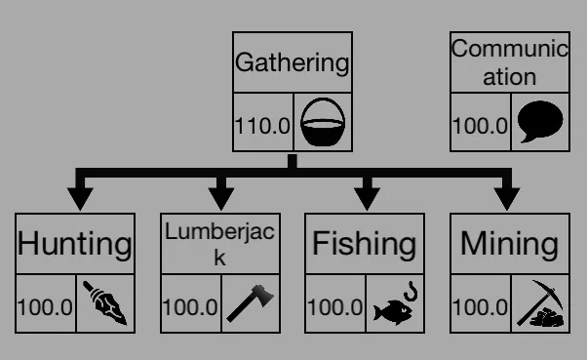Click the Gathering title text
[292, 63]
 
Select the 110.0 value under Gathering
[262, 126]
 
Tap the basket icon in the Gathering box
[323, 122]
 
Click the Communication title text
[510, 63]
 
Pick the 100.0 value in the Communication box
[480, 126]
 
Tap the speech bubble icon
[540, 121]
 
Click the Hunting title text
[75, 244]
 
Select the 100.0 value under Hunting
[45, 307]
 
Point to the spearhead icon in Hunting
[105, 303]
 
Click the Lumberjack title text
[220, 244]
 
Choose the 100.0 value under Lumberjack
[190, 307]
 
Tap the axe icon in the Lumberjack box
[250, 303]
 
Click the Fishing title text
[365, 244]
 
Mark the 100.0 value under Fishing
[335, 307]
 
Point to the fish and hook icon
[395, 303]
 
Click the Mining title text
[510, 244]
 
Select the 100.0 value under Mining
[480, 307]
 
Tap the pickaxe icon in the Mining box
[540, 303]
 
